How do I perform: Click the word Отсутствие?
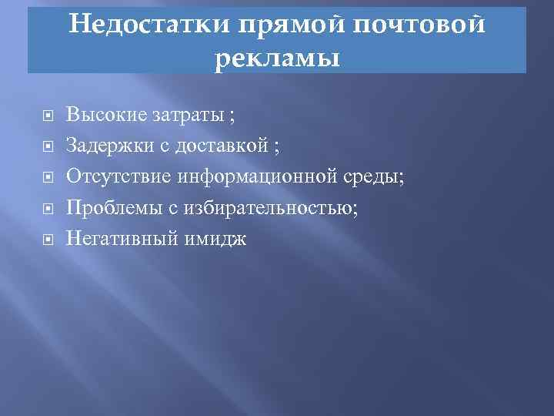(x=119, y=177)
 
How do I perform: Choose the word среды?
(x=378, y=177)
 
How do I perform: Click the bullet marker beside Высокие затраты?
(x=47, y=117)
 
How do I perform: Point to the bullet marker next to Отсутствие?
(x=47, y=179)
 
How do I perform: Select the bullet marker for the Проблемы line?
(x=47, y=210)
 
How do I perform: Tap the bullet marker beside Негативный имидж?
(x=47, y=240)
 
